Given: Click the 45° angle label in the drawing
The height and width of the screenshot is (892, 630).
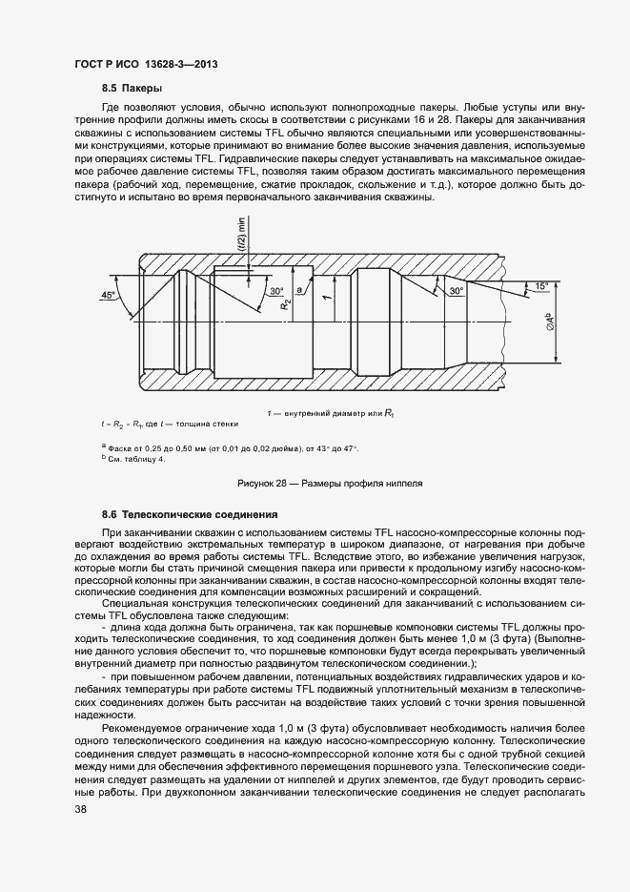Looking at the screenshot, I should point(109,295).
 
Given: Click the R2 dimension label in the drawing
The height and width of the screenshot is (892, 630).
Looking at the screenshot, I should point(286,304).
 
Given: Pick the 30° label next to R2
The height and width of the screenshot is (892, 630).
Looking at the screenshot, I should point(276,290).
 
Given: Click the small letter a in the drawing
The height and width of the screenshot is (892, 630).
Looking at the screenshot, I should point(299,288).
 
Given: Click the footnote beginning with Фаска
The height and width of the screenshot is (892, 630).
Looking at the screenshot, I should point(229,448).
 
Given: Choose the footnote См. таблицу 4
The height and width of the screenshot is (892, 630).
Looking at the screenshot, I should point(134,459).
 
